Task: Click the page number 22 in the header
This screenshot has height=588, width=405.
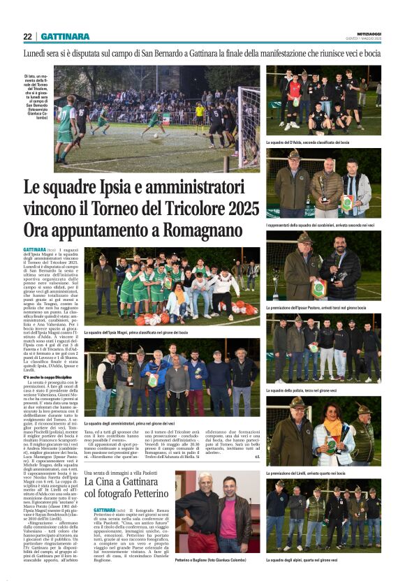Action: click(x=28, y=36)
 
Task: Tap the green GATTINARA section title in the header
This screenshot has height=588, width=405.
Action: click(x=65, y=36)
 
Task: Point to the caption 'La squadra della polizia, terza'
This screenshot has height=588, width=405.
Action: click(x=310, y=390)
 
